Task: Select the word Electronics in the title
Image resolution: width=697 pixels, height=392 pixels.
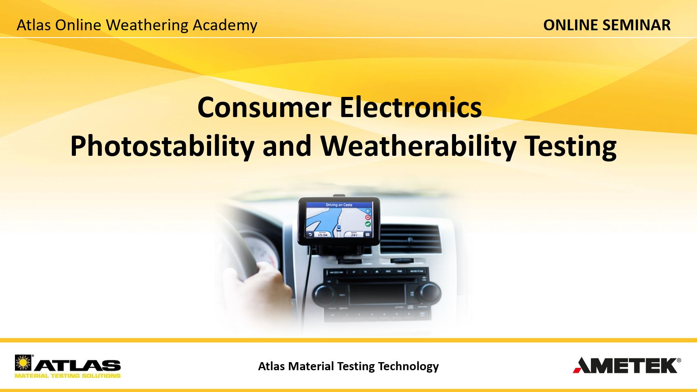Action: click(410, 108)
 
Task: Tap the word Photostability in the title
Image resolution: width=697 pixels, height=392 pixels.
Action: click(162, 146)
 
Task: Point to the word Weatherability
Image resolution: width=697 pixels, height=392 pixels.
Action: click(419, 146)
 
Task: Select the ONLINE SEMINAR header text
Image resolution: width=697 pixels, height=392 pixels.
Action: click(607, 25)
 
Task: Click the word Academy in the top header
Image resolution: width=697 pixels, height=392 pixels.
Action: click(225, 25)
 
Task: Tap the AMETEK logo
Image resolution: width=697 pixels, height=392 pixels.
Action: click(627, 365)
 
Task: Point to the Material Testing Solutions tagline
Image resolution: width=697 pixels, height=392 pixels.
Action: click(67, 376)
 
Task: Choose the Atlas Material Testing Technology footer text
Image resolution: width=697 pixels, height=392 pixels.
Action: click(348, 366)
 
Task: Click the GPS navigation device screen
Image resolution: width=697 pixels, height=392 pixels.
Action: click(339, 220)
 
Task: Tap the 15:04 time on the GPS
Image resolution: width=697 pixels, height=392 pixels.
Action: click(322, 234)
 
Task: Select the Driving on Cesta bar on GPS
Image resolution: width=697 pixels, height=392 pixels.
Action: click(339, 205)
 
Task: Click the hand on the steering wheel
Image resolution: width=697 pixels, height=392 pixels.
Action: click(270, 283)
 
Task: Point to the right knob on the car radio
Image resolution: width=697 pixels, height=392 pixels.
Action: click(429, 291)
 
